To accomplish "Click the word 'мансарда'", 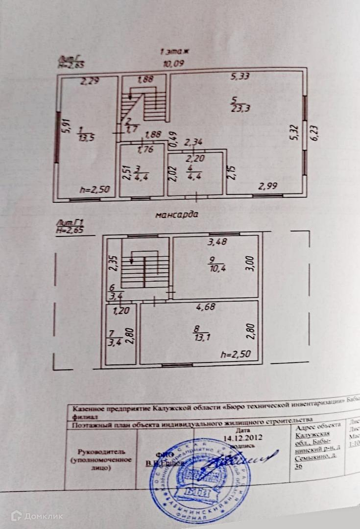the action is pos(176,214).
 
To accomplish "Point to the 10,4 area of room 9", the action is pos(214,270).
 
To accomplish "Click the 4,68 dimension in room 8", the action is pos(206,307).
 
